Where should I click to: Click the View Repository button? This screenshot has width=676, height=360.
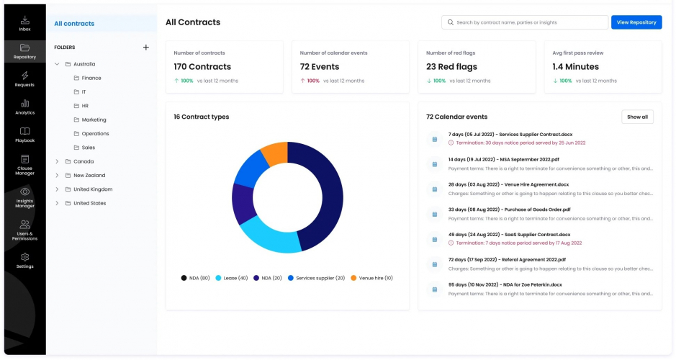tap(636, 22)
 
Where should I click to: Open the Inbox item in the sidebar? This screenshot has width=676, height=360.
tap(24, 24)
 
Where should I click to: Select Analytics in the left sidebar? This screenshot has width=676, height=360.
tap(24, 107)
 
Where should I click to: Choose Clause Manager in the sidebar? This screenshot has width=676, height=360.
tap(24, 163)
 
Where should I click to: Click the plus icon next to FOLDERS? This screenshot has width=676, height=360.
tap(145, 48)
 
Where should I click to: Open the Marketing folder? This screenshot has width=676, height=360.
tap(94, 120)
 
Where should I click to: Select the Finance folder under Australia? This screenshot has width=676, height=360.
tap(91, 78)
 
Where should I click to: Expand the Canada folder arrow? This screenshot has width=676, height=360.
tap(57, 161)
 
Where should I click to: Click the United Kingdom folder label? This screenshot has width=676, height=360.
tap(93, 189)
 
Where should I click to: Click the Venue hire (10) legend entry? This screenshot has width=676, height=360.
tap(375, 278)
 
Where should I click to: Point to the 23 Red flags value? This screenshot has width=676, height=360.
tap(451, 67)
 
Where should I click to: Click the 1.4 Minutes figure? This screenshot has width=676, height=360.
tap(577, 67)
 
